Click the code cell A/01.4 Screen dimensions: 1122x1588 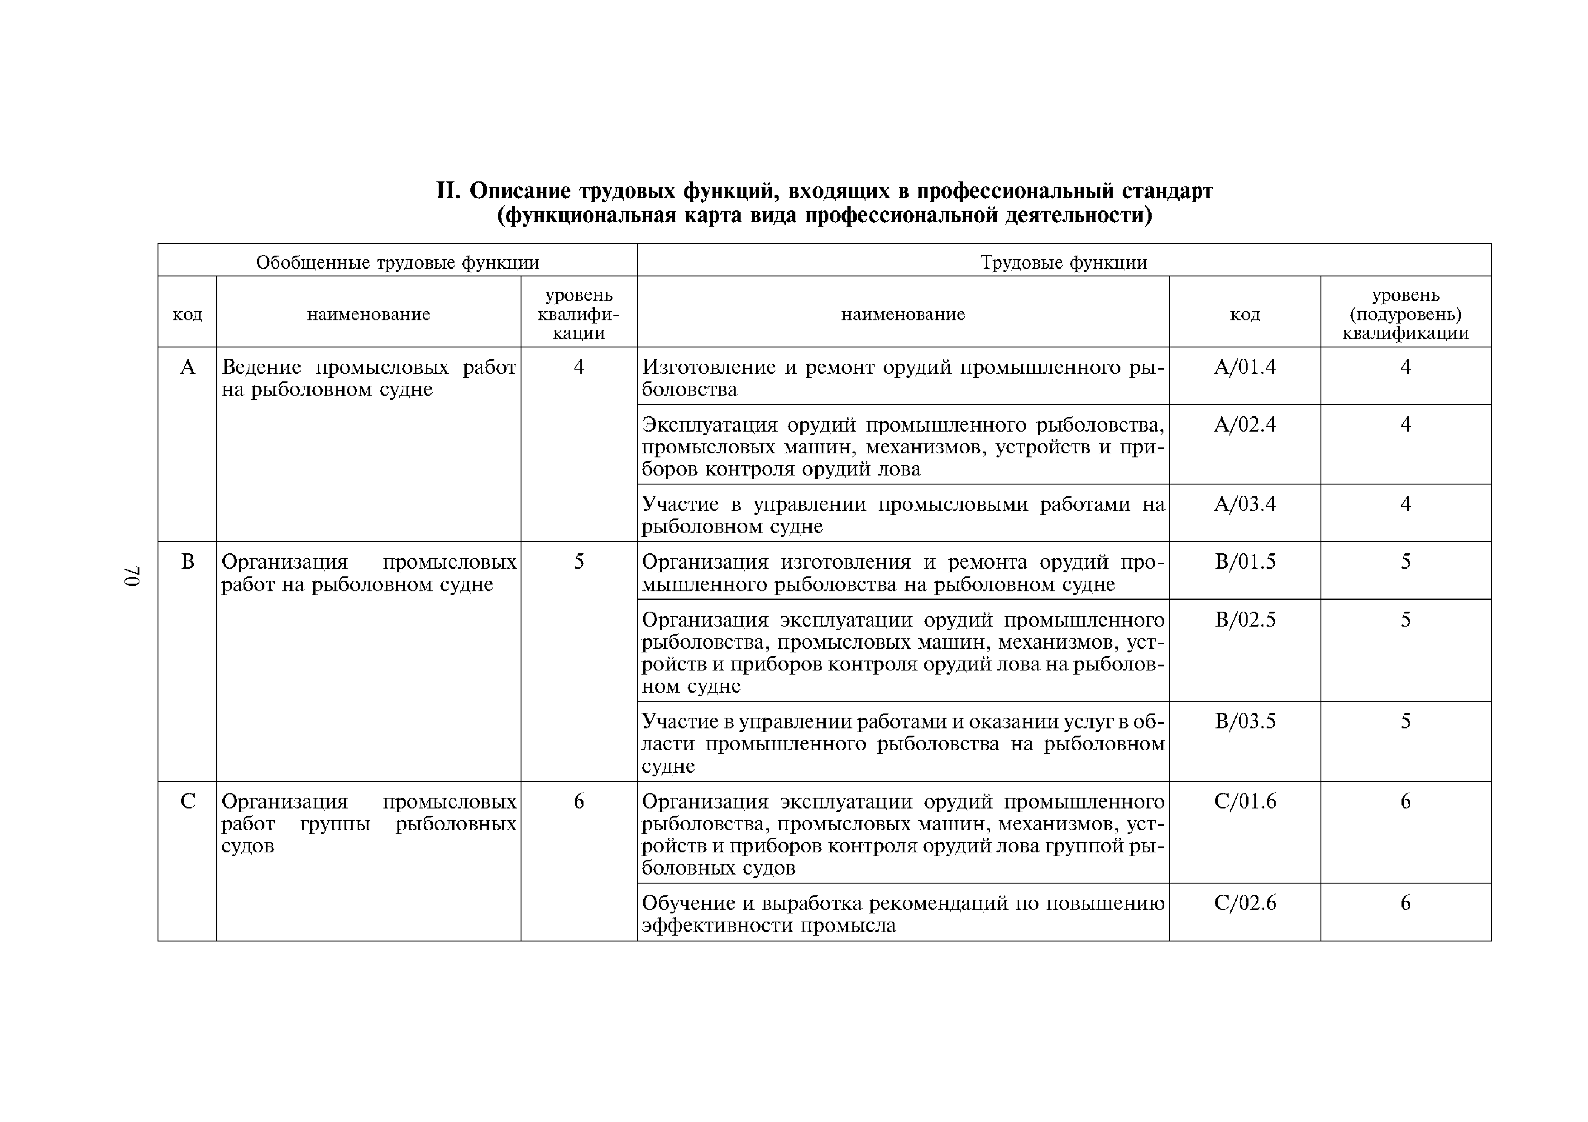point(1244,367)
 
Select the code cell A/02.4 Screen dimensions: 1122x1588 point(1244,424)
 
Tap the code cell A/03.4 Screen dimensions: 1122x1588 point(1244,504)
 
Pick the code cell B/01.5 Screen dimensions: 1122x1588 point(1244,561)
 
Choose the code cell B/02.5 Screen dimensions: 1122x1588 point(1244,619)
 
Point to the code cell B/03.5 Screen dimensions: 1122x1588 point(1244,722)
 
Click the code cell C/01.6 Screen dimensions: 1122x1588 point(1244,801)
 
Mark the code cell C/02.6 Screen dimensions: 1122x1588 point(1244,903)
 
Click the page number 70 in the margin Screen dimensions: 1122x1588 point(132,577)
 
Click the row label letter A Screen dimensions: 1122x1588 point(187,367)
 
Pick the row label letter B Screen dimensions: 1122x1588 point(187,561)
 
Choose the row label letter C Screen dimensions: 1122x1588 point(187,801)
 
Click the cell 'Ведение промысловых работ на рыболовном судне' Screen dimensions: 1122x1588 point(368,378)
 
